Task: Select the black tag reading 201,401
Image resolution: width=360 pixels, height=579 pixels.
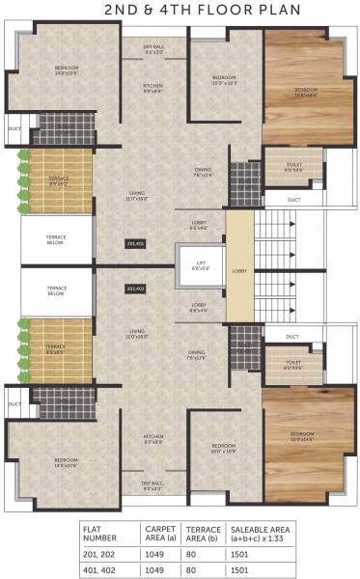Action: click(135, 243)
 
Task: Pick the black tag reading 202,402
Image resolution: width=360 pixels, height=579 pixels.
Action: click(135, 287)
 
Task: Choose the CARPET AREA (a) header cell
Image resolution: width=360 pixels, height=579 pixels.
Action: click(159, 533)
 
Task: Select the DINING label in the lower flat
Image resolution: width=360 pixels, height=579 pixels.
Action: click(197, 354)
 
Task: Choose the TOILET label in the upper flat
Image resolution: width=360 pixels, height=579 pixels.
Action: click(293, 167)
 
